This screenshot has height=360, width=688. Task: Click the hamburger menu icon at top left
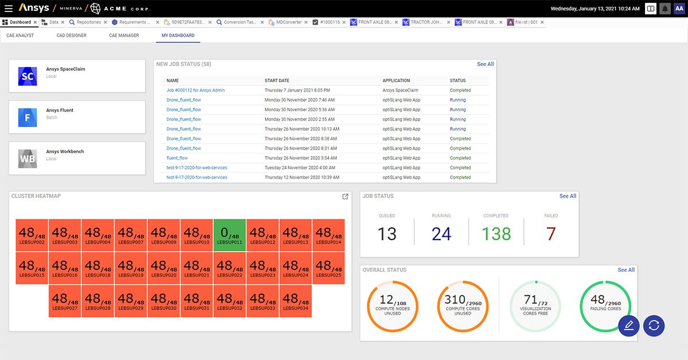(x=9, y=9)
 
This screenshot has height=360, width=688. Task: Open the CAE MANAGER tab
(x=124, y=36)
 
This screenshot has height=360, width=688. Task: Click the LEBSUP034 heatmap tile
(x=295, y=301)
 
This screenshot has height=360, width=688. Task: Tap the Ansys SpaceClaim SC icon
(x=28, y=76)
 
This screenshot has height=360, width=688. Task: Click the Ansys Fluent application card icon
(x=28, y=118)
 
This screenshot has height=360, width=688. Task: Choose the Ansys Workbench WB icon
(x=28, y=159)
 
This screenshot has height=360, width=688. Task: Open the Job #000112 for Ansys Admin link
(x=196, y=91)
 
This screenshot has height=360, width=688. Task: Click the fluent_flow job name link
(x=177, y=158)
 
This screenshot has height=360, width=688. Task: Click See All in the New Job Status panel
(x=485, y=64)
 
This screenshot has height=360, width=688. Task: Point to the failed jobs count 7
(x=551, y=234)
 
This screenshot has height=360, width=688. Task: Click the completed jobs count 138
(x=495, y=234)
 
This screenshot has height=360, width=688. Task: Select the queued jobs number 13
(x=387, y=234)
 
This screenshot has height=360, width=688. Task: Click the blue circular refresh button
(x=654, y=325)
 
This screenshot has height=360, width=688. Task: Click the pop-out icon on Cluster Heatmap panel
(x=345, y=197)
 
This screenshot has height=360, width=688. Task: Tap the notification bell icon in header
(x=665, y=9)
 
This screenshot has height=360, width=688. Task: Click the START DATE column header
(x=277, y=81)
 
